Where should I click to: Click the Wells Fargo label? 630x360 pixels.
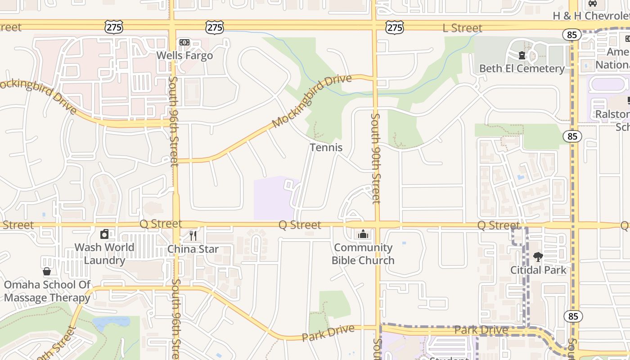[x=184, y=55]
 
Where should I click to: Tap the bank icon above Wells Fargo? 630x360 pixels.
[x=184, y=42]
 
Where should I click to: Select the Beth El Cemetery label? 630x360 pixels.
[x=522, y=68]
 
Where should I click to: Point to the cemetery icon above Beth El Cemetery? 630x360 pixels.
[x=522, y=55]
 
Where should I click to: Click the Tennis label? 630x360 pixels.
[x=326, y=147]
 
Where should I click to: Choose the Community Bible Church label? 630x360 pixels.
[x=363, y=254]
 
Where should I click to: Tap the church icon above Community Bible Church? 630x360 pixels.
[x=363, y=234]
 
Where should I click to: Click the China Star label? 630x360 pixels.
[x=193, y=249]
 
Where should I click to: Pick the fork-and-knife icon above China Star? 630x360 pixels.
[x=193, y=235]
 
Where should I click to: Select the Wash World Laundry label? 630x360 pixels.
[x=104, y=254]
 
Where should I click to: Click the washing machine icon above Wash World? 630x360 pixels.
[x=104, y=234]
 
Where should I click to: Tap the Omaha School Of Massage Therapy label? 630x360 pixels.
[x=47, y=291]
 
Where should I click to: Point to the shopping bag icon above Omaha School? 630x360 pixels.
[x=47, y=271]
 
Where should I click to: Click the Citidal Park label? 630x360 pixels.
[x=538, y=270]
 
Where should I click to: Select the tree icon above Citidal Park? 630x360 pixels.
[x=538, y=257]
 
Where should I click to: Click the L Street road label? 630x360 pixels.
[x=462, y=28]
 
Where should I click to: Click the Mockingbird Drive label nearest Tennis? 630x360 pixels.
[x=311, y=101]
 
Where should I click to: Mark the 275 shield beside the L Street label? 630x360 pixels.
[x=395, y=27]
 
